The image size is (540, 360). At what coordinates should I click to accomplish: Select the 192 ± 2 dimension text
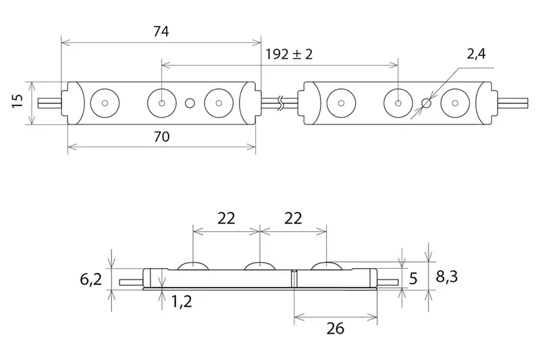tap(289, 55)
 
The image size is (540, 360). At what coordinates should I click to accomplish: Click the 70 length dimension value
tap(161, 136)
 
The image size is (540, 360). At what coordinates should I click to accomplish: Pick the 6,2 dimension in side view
tap(90, 278)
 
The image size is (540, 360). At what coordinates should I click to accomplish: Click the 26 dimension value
tap(335, 328)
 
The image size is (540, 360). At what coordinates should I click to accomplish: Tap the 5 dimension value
tap(414, 277)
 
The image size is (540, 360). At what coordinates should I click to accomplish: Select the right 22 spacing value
tap(292, 217)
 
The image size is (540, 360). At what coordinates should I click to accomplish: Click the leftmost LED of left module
tap(105, 103)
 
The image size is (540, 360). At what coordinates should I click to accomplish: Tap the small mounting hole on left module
tap(190, 103)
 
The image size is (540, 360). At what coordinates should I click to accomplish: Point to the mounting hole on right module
tap(426, 103)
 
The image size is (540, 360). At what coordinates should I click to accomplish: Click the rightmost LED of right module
tap(455, 103)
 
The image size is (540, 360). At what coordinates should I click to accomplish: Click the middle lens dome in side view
tap(259, 265)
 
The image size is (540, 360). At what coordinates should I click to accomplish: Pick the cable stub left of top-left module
tap(50, 103)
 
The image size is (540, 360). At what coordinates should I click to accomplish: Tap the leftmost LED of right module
tap(341, 103)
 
